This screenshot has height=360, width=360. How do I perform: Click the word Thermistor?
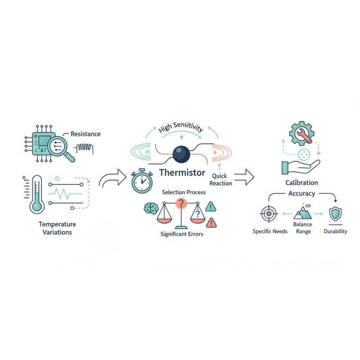click(182, 173)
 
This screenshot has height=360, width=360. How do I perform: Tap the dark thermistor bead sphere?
click(181, 154)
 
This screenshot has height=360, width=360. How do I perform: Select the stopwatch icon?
click(142, 181)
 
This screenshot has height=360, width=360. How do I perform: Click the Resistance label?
click(85, 134)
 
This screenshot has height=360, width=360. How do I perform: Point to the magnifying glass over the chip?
click(60, 148)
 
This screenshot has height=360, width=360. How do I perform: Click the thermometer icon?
click(37, 194)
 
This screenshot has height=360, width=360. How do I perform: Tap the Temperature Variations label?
click(57, 228)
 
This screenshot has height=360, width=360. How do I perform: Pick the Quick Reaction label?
click(220, 180)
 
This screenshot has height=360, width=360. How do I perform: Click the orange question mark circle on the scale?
click(181, 203)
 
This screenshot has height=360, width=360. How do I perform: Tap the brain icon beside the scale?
click(151, 208)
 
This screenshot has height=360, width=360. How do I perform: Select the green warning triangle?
click(211, 207)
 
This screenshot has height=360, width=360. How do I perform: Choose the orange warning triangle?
click(211, 223)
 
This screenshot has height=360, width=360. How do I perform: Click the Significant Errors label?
click(182, 234)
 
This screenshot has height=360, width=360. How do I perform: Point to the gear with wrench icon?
click(301, 133)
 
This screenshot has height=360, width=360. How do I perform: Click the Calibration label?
click(301, 183)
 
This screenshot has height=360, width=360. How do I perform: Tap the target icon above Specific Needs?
click(269, 214)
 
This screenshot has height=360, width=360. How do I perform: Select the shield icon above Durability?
click(335, 214)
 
